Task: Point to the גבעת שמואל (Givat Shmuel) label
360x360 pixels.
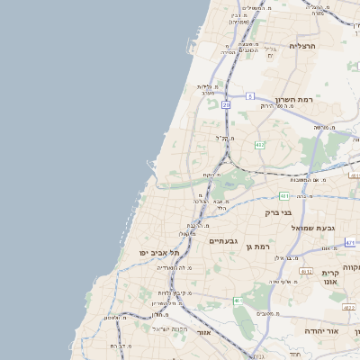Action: pos(312,228)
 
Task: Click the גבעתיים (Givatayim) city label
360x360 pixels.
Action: pos(222,241)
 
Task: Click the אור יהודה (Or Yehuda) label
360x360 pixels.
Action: pos(321,331)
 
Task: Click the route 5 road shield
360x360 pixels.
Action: pos(250,94)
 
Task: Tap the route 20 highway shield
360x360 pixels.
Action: pos(226,105)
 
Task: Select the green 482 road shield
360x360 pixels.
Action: pos(259,144)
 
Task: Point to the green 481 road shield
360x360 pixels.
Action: pos(283,195)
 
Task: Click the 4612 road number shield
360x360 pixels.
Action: pos(306,271)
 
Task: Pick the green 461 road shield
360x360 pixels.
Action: pos(238,301)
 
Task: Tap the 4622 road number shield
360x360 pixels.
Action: pos(348,308)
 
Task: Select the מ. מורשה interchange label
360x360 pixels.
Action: pos(317,128)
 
